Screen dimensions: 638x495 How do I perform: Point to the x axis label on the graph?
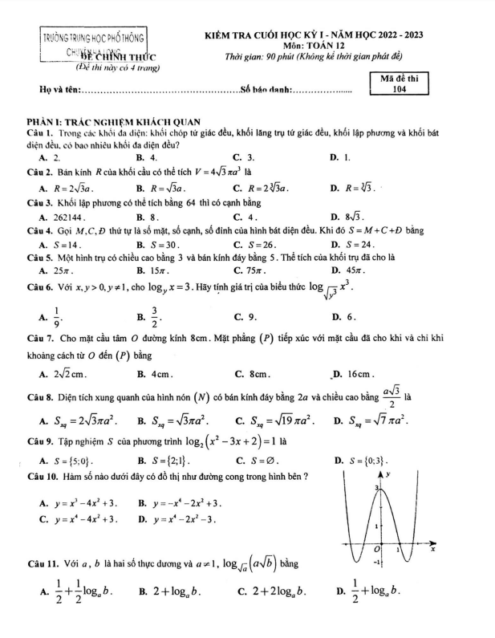click(x=433, y=551)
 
